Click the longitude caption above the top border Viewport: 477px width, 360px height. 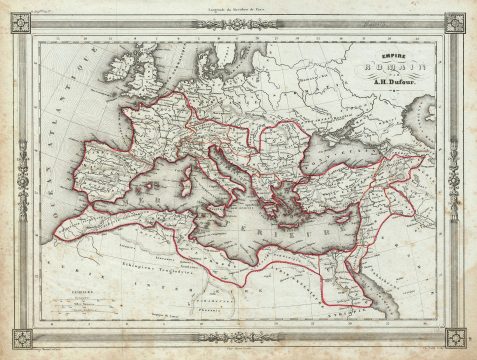coord(239,8)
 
